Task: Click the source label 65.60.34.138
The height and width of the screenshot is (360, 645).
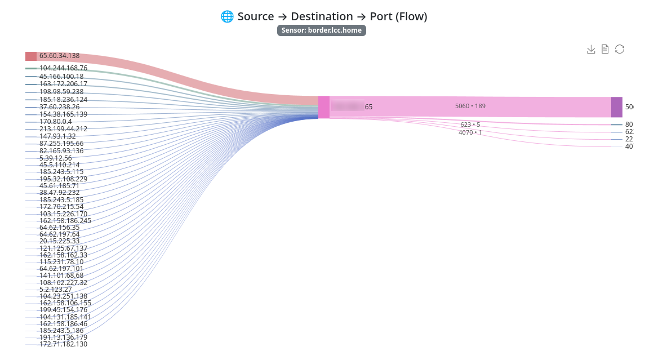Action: coord(59,56)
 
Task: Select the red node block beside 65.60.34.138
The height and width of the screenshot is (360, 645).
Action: coord(31,56)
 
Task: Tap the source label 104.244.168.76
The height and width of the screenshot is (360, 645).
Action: coord(63,68)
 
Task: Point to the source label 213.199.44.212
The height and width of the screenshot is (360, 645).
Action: coord(63,129)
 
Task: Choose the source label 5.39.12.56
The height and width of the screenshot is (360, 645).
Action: coord(55,158)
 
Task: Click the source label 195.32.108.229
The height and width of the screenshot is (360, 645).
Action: coord(63,179)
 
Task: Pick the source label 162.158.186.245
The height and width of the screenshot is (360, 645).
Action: coord(65,221)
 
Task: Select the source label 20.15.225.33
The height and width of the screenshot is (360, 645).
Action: coord(59,241)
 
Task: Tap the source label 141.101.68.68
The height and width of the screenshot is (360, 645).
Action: coord(61,275)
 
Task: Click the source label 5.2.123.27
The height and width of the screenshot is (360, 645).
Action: coord(55,290)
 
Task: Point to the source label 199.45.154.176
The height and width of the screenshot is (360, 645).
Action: coord(63,310)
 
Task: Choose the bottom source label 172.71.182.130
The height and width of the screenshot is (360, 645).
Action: coord(63,344)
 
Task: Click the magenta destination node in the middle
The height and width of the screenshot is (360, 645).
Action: coord(324,107)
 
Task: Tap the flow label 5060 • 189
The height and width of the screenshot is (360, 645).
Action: coord(470,106)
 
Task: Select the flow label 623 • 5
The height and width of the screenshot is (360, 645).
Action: coord(470,125)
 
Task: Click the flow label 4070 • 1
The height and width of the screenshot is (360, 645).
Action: coord(470,132)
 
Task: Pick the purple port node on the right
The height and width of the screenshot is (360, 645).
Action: coord(617,107)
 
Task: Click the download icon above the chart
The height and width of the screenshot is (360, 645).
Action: coord(591,50)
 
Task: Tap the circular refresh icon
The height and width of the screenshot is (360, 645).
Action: coord(620,50)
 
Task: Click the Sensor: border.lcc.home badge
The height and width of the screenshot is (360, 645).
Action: coord(322,30)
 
